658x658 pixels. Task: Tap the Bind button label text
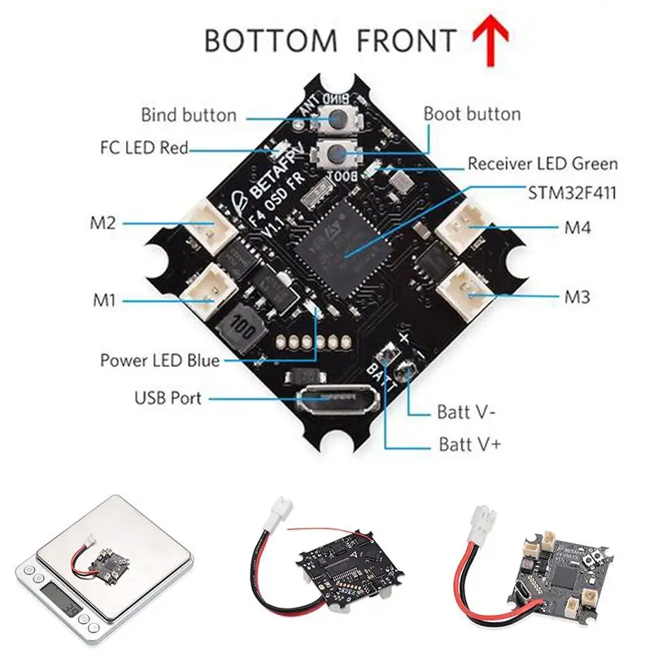tap(189, 115)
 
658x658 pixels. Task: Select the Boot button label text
tap(472, 113)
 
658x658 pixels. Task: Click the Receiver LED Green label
tap(542, 163)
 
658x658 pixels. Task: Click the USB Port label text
tap(168, 399)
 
